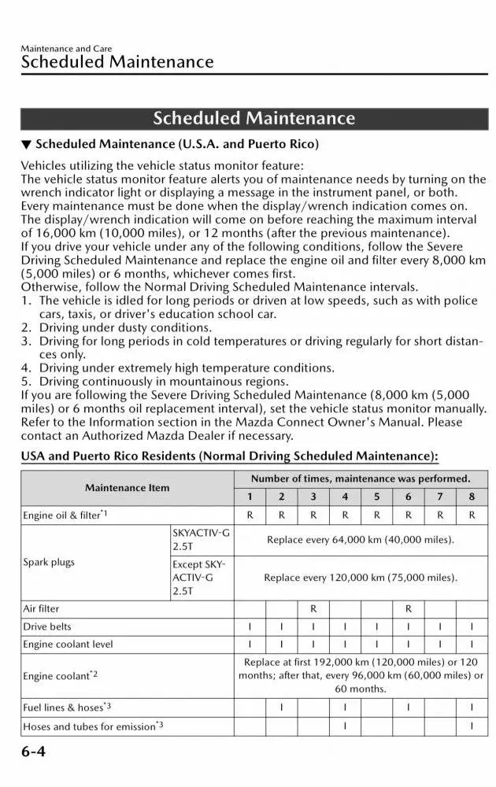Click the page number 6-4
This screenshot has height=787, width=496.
[x=33, y=752]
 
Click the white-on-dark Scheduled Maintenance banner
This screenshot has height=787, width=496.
[x=254, y=118]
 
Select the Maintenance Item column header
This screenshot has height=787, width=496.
[x=127, y=487]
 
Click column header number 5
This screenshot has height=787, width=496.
[x=376, y=497]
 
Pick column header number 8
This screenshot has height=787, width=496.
[x=471, y=497]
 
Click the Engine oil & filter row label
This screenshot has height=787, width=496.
[x=65, y=515]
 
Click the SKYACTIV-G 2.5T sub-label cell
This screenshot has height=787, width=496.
[x=201, y=539]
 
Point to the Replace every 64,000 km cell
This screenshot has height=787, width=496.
[x=360, y=540]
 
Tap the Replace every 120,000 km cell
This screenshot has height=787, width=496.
[x=360, y=577]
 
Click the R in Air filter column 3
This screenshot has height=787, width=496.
[x=313, y=608]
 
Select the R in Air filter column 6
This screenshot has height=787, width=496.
[x=408, y=608]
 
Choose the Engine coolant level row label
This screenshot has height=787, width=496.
[x=68, y=644]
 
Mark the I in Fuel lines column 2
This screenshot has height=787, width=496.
[x=282, y=707]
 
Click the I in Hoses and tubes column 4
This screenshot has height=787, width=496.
[x=345, y=725]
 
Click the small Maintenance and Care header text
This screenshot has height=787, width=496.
[x=66, y=49]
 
